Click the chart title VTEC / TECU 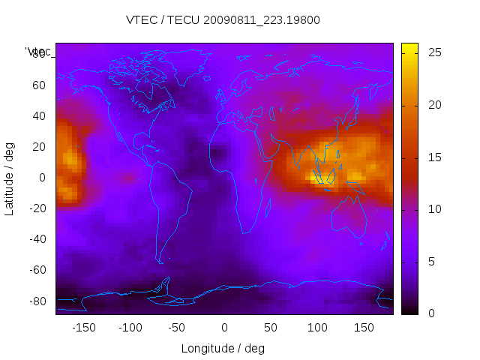[223, 20]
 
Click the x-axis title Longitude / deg [223, 349]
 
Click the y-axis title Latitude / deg [10, 178]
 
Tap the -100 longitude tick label [130, 328]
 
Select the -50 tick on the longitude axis [177, 328]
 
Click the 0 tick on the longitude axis [224, 328]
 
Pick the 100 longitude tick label [317, 328]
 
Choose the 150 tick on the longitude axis [364, 328]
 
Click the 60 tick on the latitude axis [39, 85]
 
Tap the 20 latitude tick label [39, 146]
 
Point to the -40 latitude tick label [36, 239]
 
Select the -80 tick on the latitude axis [36, 301]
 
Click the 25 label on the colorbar [433, 52]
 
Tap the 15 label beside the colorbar [433, 157]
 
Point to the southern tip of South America [160, 261]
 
